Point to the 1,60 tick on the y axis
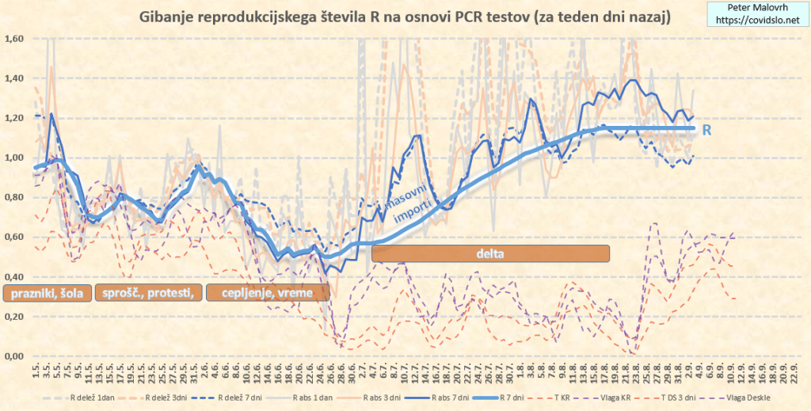(x=13, y=39)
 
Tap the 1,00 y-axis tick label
(x=13, y=158)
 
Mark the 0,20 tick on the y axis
(x=13, y=317)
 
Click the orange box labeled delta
(x=490, y=253)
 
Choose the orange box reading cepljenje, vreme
(x=267, y=293)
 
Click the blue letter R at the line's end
(x=706, y=129)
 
